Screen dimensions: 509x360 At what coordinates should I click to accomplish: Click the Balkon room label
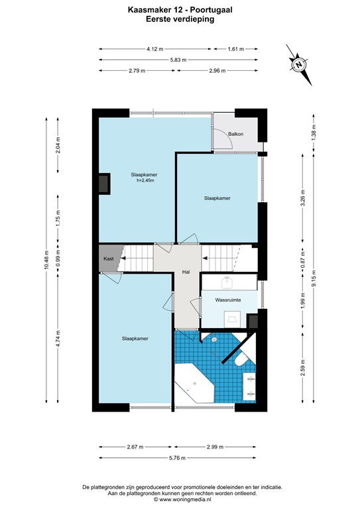pos(235,134)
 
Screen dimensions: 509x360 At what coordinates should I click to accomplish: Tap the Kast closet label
pos(109,258)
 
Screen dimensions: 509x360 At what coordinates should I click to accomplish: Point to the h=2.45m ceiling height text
pos(144,182)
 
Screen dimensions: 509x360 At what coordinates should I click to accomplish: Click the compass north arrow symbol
pos(299,64)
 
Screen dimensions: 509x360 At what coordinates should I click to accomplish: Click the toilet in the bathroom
pos(241,358)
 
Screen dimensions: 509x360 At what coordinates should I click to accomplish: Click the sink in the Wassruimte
pos(229,282)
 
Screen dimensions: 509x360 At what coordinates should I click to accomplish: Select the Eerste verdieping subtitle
pos(180,20)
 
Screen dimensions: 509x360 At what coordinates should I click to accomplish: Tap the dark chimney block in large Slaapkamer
pos(103,184)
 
